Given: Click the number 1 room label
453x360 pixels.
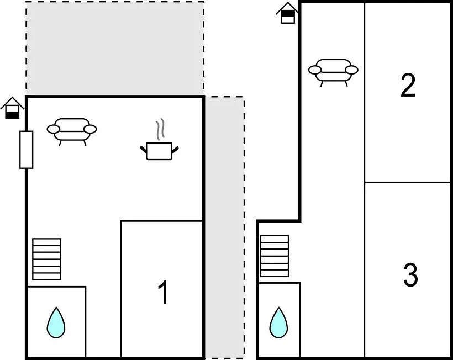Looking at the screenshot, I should pos(163,293).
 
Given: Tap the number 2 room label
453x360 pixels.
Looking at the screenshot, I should pos(408,86).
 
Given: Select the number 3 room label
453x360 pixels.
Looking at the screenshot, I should pos(410,275).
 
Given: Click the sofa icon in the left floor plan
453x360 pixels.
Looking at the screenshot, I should pos(72,130).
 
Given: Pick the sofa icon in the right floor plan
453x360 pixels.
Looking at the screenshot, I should pos(333,71).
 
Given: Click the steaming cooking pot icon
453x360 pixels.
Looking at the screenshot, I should pos(160,150).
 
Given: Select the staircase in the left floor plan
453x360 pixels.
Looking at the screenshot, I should pos(46,259).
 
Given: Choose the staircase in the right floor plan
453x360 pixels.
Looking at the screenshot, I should pos(275,256).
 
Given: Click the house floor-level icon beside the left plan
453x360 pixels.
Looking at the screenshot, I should pos(12,108).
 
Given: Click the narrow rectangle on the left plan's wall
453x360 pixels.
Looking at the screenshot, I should pos(26,149).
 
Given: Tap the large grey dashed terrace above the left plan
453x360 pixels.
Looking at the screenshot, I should pos(115,48).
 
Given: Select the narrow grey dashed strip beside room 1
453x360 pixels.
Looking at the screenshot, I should pos(225,226).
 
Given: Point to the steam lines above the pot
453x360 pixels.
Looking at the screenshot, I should pos(160,130).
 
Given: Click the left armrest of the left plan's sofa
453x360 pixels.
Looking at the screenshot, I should pos(54,130).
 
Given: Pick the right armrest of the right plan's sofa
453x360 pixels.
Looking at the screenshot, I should pos(351,70).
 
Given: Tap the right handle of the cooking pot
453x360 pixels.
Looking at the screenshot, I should pos(176,147).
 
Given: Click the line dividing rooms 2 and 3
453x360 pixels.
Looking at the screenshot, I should pos(408,182).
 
